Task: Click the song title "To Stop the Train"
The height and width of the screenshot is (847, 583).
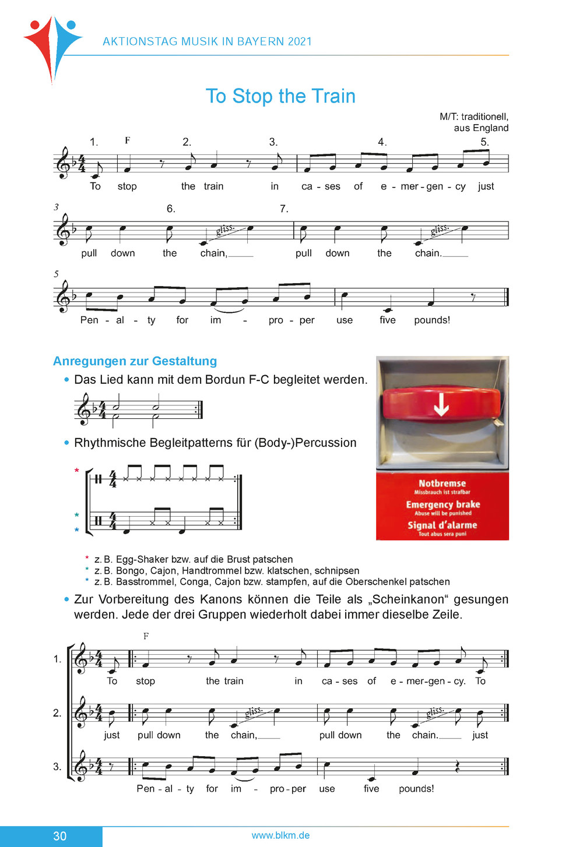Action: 280,96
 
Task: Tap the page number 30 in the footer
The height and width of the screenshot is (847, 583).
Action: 59,836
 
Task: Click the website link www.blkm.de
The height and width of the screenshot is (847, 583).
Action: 280,835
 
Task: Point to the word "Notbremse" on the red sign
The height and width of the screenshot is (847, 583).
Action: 442,484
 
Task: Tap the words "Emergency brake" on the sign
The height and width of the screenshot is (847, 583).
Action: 443,504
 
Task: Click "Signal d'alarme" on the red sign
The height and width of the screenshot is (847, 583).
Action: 442,525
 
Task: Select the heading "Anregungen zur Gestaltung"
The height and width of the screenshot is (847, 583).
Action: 135,361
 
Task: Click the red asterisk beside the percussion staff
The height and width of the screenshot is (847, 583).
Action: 76,471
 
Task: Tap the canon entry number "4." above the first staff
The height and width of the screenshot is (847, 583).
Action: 382,142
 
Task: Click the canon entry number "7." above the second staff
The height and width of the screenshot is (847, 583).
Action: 284,209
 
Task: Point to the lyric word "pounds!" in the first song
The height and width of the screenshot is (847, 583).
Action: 432,320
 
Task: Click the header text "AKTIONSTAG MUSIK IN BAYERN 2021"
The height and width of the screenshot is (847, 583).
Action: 207,42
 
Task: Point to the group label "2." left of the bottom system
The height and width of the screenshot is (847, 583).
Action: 57,713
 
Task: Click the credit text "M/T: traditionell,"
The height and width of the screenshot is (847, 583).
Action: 473,117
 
